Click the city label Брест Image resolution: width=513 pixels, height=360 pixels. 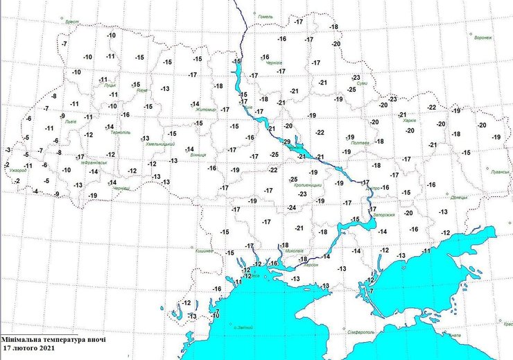click(x=71, y=22)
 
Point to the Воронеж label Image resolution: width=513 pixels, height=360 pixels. click(x=482, y=37)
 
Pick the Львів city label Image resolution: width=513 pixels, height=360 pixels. click(x=70, y=121)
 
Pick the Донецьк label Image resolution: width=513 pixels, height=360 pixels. click(x=459, y=197)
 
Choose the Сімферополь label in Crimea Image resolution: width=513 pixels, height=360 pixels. click(x=361, y=332)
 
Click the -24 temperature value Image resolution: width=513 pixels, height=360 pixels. click(x=292, y=208)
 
